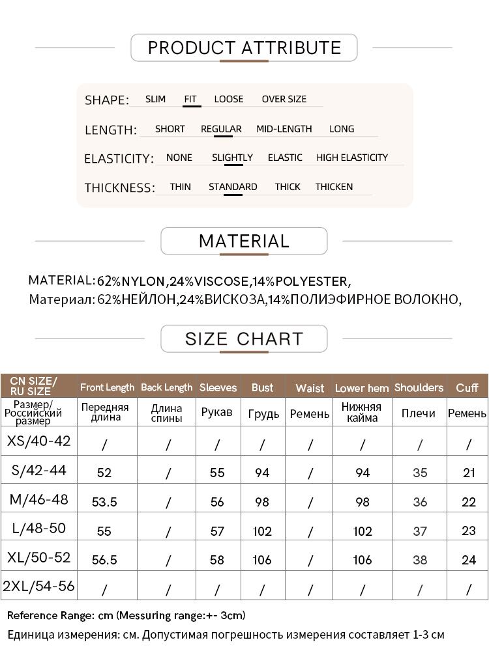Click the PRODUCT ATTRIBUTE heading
pos(244,48)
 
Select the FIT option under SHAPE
pos(190,100)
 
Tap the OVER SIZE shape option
pos(284,99)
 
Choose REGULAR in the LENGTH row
pos(221,129)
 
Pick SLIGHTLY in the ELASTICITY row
pos(232,158)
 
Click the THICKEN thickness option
pos(334,187)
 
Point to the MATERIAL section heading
pos(244,241)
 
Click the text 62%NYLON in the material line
pos(131,282)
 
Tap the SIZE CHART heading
pos(244,339)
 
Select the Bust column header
pos(262,387)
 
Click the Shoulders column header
pos(419,387)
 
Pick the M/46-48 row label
pos(39,500)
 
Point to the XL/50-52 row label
pos(38,558)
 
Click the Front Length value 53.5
pos(104,502)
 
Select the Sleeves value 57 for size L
pos(217,531)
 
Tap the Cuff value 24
pos(469,560)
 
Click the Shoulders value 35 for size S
pos(420,473)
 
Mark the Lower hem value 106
pos(363,560)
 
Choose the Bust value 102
pos(262,531)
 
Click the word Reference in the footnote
pos(33,615)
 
